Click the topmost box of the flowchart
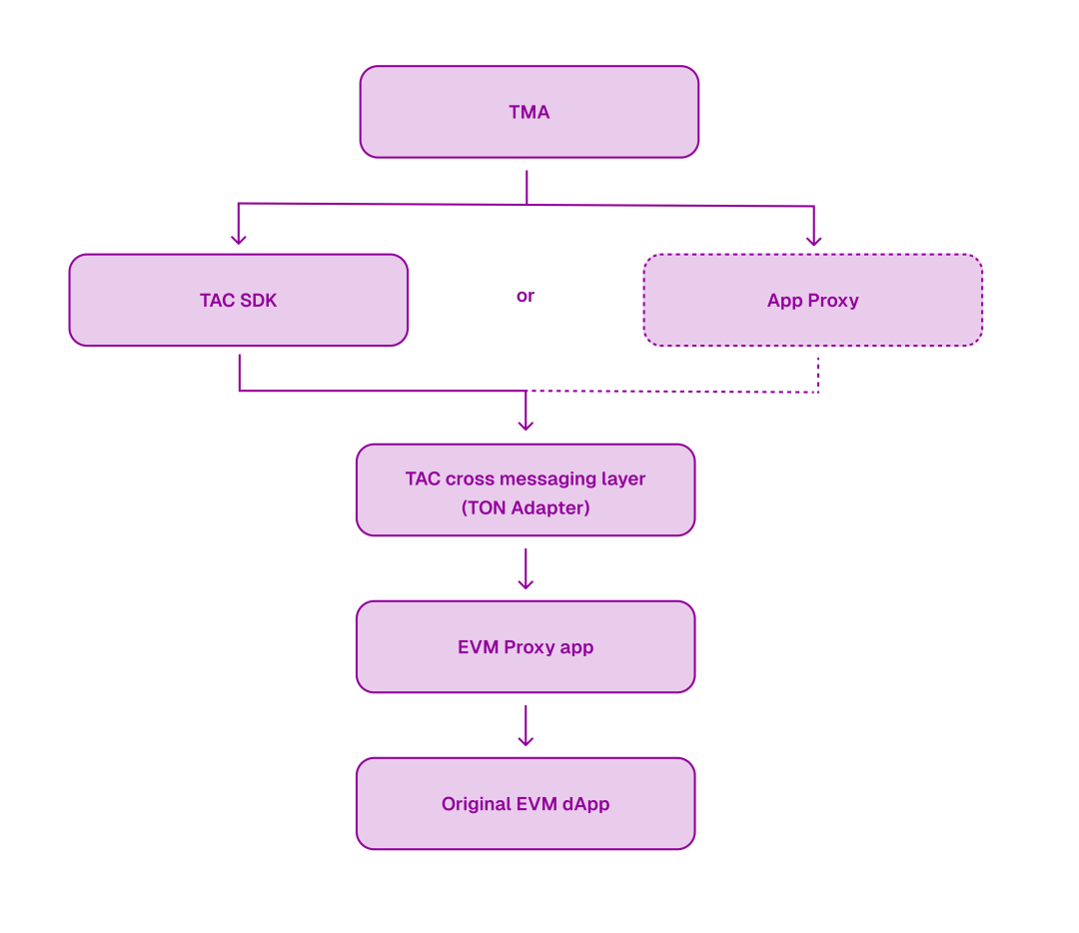coord(530,112)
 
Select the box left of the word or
coord(239,300)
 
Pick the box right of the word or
coord(813,300)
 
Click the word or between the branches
coord(526,297)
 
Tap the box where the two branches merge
coord(526,489)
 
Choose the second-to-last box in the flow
coord(526,646)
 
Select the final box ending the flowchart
coord(526,803)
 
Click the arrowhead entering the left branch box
coord(239,239)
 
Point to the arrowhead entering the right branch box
coord(814,240)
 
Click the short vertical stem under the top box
coord(527,185)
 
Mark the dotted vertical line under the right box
coord(819,374)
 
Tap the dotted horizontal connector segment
coord(674,392)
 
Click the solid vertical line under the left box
coord(240,371)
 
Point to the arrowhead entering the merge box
coord(526,426)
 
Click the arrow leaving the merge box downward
coord(526,569)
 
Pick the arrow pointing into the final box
coord(526,727)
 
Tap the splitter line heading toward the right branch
coord(669,206)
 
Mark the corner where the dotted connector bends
coord(819,392)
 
